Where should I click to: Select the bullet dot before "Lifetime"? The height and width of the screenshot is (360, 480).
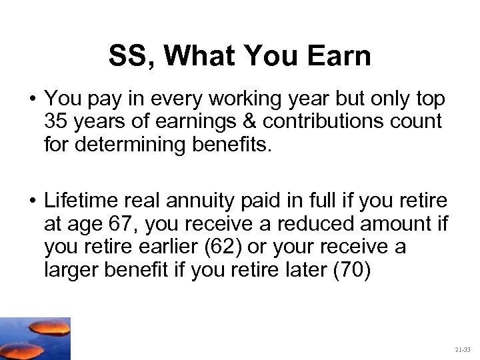tap(31, 200)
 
